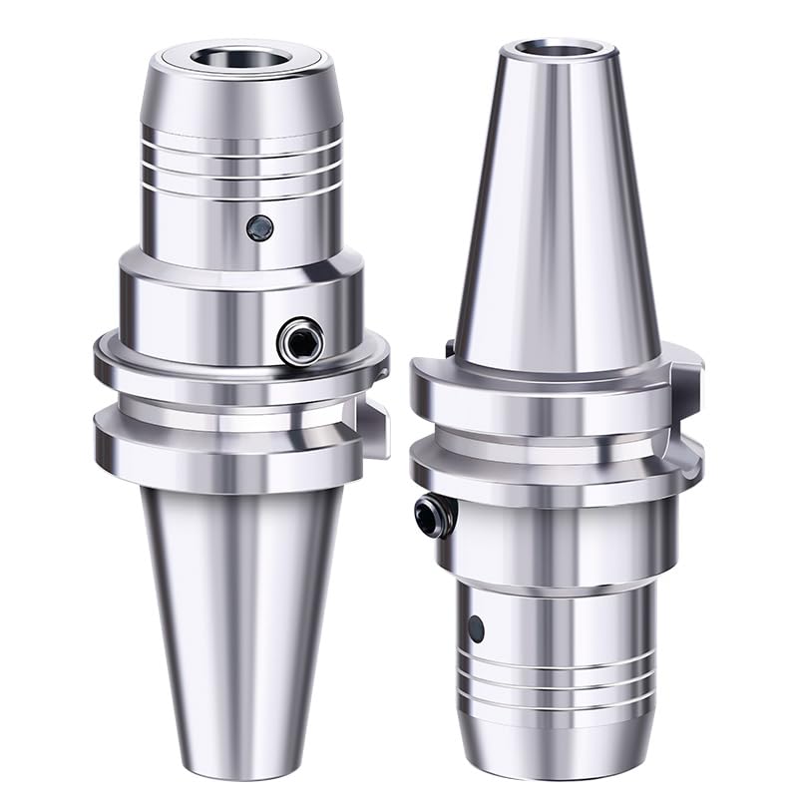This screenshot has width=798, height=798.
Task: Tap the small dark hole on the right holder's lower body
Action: (x=477, y=627)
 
